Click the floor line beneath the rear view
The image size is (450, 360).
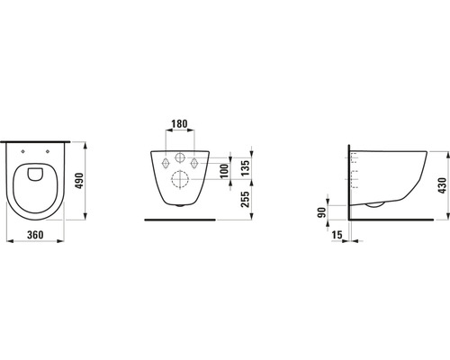[180, 220]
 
